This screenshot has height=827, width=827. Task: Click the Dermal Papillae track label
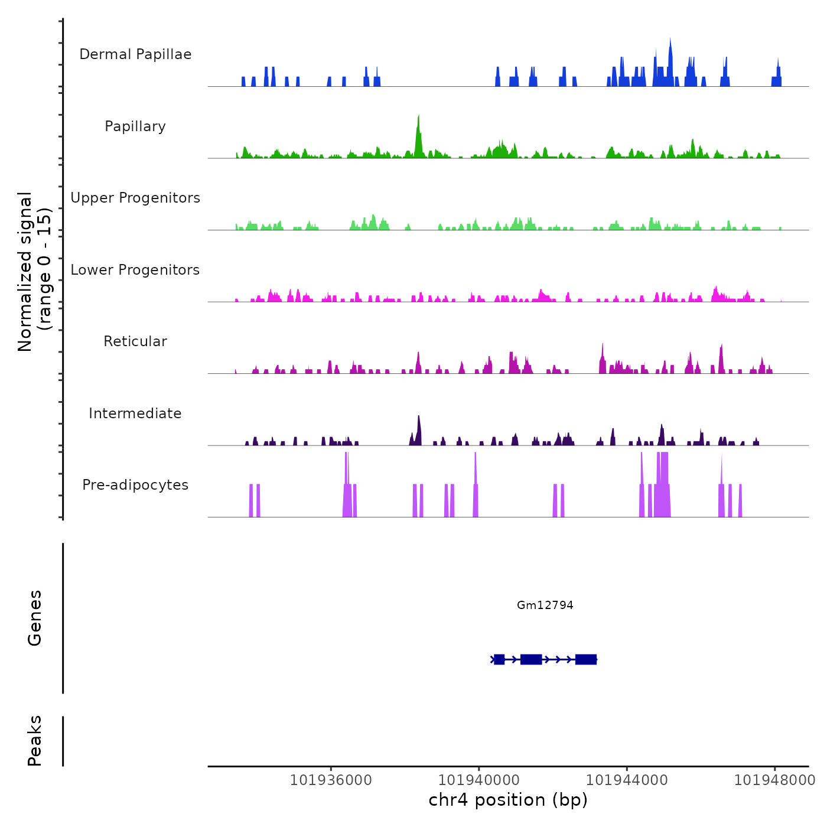click(135, 54)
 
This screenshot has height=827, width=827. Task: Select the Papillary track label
click(135, 126)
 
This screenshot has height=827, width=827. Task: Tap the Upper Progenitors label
click(135, 198)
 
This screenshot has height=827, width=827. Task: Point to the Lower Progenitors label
click(135, 270)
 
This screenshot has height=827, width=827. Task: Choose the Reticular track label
click(135, 341)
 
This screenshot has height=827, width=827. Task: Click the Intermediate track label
click(135, 413)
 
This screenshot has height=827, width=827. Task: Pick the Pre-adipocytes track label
click(135, 485)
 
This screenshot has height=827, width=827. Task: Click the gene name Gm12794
click(545, 605)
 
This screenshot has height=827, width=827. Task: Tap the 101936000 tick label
click(331, 780)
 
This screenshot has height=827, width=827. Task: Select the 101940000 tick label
click(479, 780)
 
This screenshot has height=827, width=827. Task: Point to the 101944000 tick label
click(627, 780)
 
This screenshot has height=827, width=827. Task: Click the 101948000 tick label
click(774, 780)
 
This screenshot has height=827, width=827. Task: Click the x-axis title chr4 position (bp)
click(508, 800)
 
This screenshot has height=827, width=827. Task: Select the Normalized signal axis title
click(34, 271)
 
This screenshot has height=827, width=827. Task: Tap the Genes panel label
click(35, 618)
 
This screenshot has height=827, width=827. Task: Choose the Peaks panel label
click(35, 741)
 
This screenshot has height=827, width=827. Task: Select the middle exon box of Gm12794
click(531, 659)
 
